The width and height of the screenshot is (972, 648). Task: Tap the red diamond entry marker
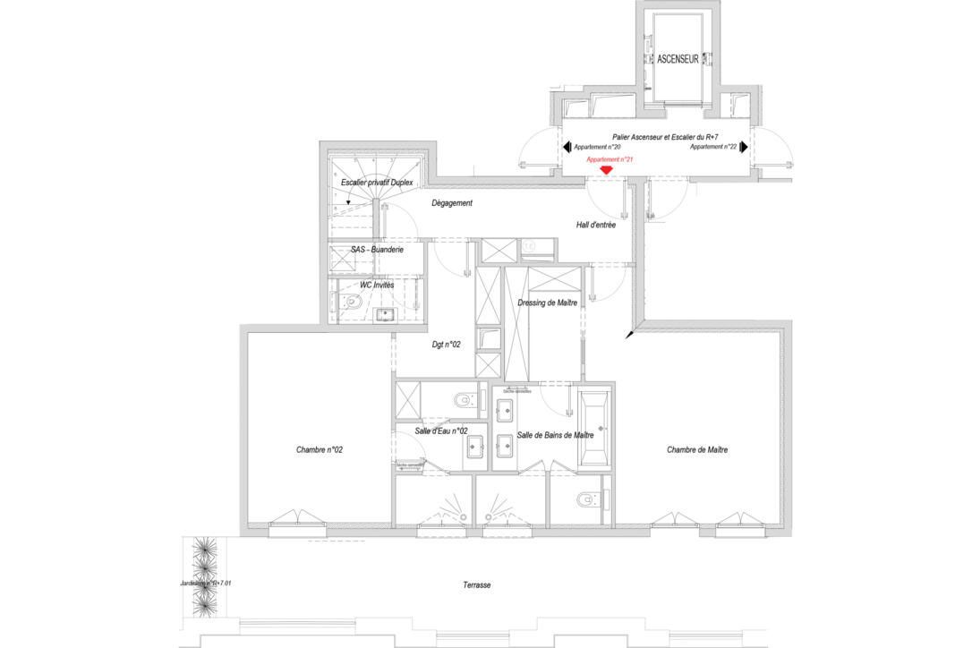[x=606, y=170]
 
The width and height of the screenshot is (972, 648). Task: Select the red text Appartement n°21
[x=610, y=159]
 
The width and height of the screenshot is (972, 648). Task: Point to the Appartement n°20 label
[x=597, y=147]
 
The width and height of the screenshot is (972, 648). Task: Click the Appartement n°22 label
[x=712, y=147]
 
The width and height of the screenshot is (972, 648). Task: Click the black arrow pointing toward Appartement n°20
[x=567, y=147]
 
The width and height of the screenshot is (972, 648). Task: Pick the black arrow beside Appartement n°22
[x=743, y=147]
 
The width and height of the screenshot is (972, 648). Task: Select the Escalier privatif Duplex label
[x=377, y=183]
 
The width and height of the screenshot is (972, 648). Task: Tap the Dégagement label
[x=451, y=203]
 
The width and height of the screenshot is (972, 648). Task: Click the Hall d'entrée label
[x=595, y=226]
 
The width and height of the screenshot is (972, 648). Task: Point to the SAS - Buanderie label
[x=376, y=250]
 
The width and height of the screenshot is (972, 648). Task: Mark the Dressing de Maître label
[x=547, y=303]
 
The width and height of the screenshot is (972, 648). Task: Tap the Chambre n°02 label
[x=320, y=450]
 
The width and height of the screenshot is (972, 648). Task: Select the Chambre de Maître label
[x=696, y=450]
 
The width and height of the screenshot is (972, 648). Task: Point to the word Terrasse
[x=476, y=584]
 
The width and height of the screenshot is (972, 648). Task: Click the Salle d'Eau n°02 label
[x=441, y=431]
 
